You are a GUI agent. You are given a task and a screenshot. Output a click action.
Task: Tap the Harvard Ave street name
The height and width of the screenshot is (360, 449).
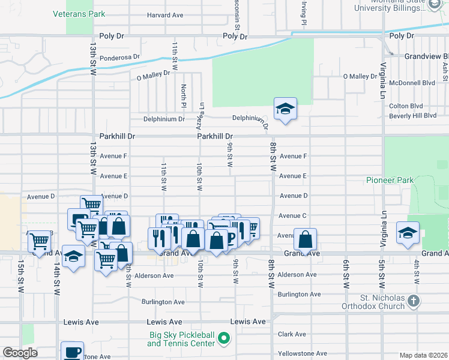tap(165, 15)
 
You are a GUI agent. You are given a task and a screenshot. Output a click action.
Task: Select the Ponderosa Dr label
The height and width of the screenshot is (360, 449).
tap(119, 58)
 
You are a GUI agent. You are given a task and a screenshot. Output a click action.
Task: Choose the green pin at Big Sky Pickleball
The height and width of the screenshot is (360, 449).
tap(223, 339)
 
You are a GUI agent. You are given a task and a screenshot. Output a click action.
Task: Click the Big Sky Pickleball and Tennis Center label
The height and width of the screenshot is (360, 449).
tap(181, 339)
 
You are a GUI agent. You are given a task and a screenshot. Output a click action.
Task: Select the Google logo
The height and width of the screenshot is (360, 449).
tap(20, 352)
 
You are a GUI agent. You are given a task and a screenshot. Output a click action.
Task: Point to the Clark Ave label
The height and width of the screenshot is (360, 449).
tap(292, 334)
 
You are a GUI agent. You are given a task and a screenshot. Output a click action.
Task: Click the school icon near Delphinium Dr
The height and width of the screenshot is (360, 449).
tap(285, 109)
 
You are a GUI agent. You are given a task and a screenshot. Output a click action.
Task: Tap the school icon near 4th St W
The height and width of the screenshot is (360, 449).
tap(408, 233)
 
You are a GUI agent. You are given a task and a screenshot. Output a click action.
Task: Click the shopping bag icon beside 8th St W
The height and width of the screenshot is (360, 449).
tap(305, 239)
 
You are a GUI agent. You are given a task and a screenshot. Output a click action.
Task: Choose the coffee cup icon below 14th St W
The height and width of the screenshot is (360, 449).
tap(73, 352)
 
